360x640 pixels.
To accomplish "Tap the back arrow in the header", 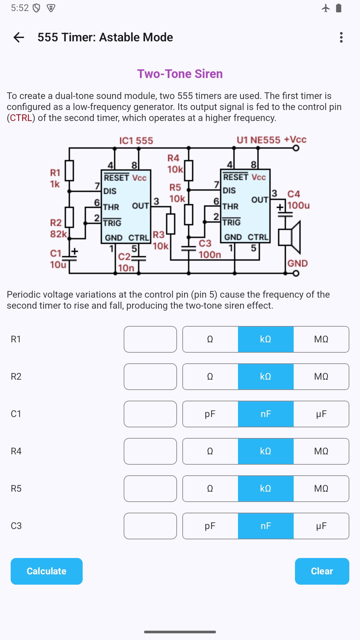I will tap(19, 37).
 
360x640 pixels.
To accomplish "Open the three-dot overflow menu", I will tap(341, 37).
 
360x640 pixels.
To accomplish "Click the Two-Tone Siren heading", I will tap(180, 74).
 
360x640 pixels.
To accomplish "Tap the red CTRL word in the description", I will tap(21, 118).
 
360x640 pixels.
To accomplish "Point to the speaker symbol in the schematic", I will tap(290, 237).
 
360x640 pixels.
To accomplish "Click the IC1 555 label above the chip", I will tap(136, 141).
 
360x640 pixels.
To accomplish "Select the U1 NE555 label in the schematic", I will tap(258, 140).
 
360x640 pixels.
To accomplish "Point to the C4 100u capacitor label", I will tap(298, 200).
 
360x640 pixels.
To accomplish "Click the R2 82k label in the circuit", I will tap(58, 228).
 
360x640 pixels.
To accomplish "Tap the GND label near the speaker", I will tap(297, 263).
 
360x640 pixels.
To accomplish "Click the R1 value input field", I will tap(150, 339).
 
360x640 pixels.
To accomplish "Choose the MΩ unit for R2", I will tap(321, 377).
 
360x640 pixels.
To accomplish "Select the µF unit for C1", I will tap(321, 414).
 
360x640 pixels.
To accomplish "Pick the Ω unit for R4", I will tap(210, 451).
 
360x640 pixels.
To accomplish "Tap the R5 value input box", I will tap(150, 489).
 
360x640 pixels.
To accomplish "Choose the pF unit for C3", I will tap(210, 526).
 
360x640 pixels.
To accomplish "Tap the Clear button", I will tap(322, 571).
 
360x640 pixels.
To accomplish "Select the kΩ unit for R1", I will tap(266, 339).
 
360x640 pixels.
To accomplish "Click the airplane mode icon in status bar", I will tap(326, 8).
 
